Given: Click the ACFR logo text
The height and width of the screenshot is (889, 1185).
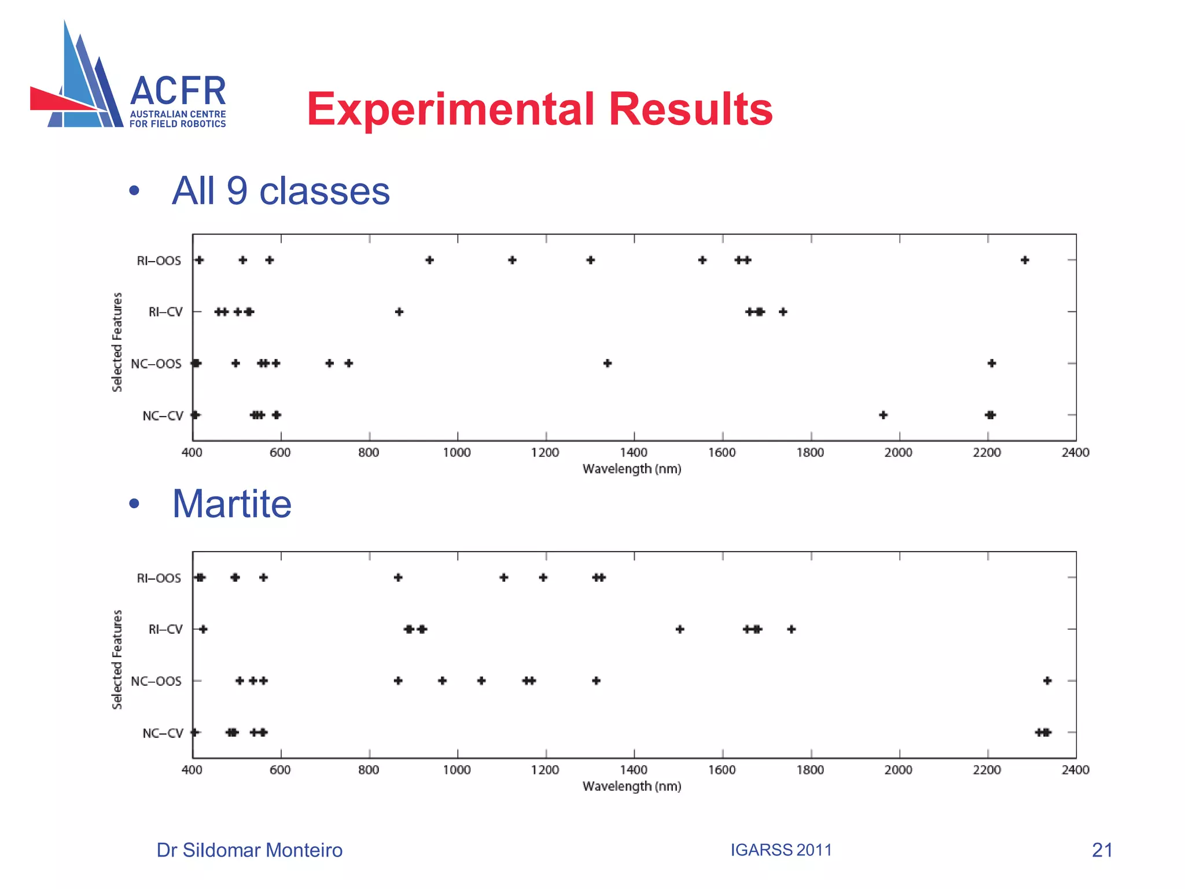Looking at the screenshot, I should point(178,91).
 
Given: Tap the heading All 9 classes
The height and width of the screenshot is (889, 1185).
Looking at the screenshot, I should point(281,190).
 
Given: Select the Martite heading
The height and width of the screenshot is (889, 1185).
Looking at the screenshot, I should point(231,504).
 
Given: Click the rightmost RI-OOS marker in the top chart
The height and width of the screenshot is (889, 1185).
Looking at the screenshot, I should point(1025,260).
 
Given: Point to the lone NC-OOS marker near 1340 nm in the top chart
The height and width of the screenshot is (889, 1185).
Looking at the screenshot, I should point(608,363).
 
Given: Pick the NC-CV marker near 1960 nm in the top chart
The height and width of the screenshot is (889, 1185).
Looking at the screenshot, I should point(883,415).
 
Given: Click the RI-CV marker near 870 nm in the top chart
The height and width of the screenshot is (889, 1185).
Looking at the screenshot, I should point(399,312).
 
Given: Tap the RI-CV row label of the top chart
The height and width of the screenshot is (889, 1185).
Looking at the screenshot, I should point(165,312).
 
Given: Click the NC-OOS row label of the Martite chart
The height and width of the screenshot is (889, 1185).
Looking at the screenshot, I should point(156,681).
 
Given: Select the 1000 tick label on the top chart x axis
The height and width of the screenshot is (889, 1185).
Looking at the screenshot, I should point(457,453).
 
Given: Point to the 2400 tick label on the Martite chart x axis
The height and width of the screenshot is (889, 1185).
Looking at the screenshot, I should point(1075,770).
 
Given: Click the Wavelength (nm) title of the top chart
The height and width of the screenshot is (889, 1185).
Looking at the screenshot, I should point(632,469).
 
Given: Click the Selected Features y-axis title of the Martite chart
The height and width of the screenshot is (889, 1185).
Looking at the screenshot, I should point(117,659).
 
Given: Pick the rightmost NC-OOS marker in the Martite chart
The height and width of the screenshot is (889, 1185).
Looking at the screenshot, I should point(1047,681).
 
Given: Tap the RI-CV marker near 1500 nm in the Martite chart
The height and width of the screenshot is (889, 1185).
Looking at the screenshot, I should point(680,629).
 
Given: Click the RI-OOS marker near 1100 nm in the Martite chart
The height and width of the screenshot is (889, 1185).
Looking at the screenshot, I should point(504,578).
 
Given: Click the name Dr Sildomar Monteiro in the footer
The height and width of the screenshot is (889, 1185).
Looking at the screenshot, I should point(249,850).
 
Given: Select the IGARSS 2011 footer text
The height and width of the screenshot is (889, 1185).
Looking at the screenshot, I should point(781,850).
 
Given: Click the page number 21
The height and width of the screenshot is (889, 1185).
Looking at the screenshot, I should point(1102,850).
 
